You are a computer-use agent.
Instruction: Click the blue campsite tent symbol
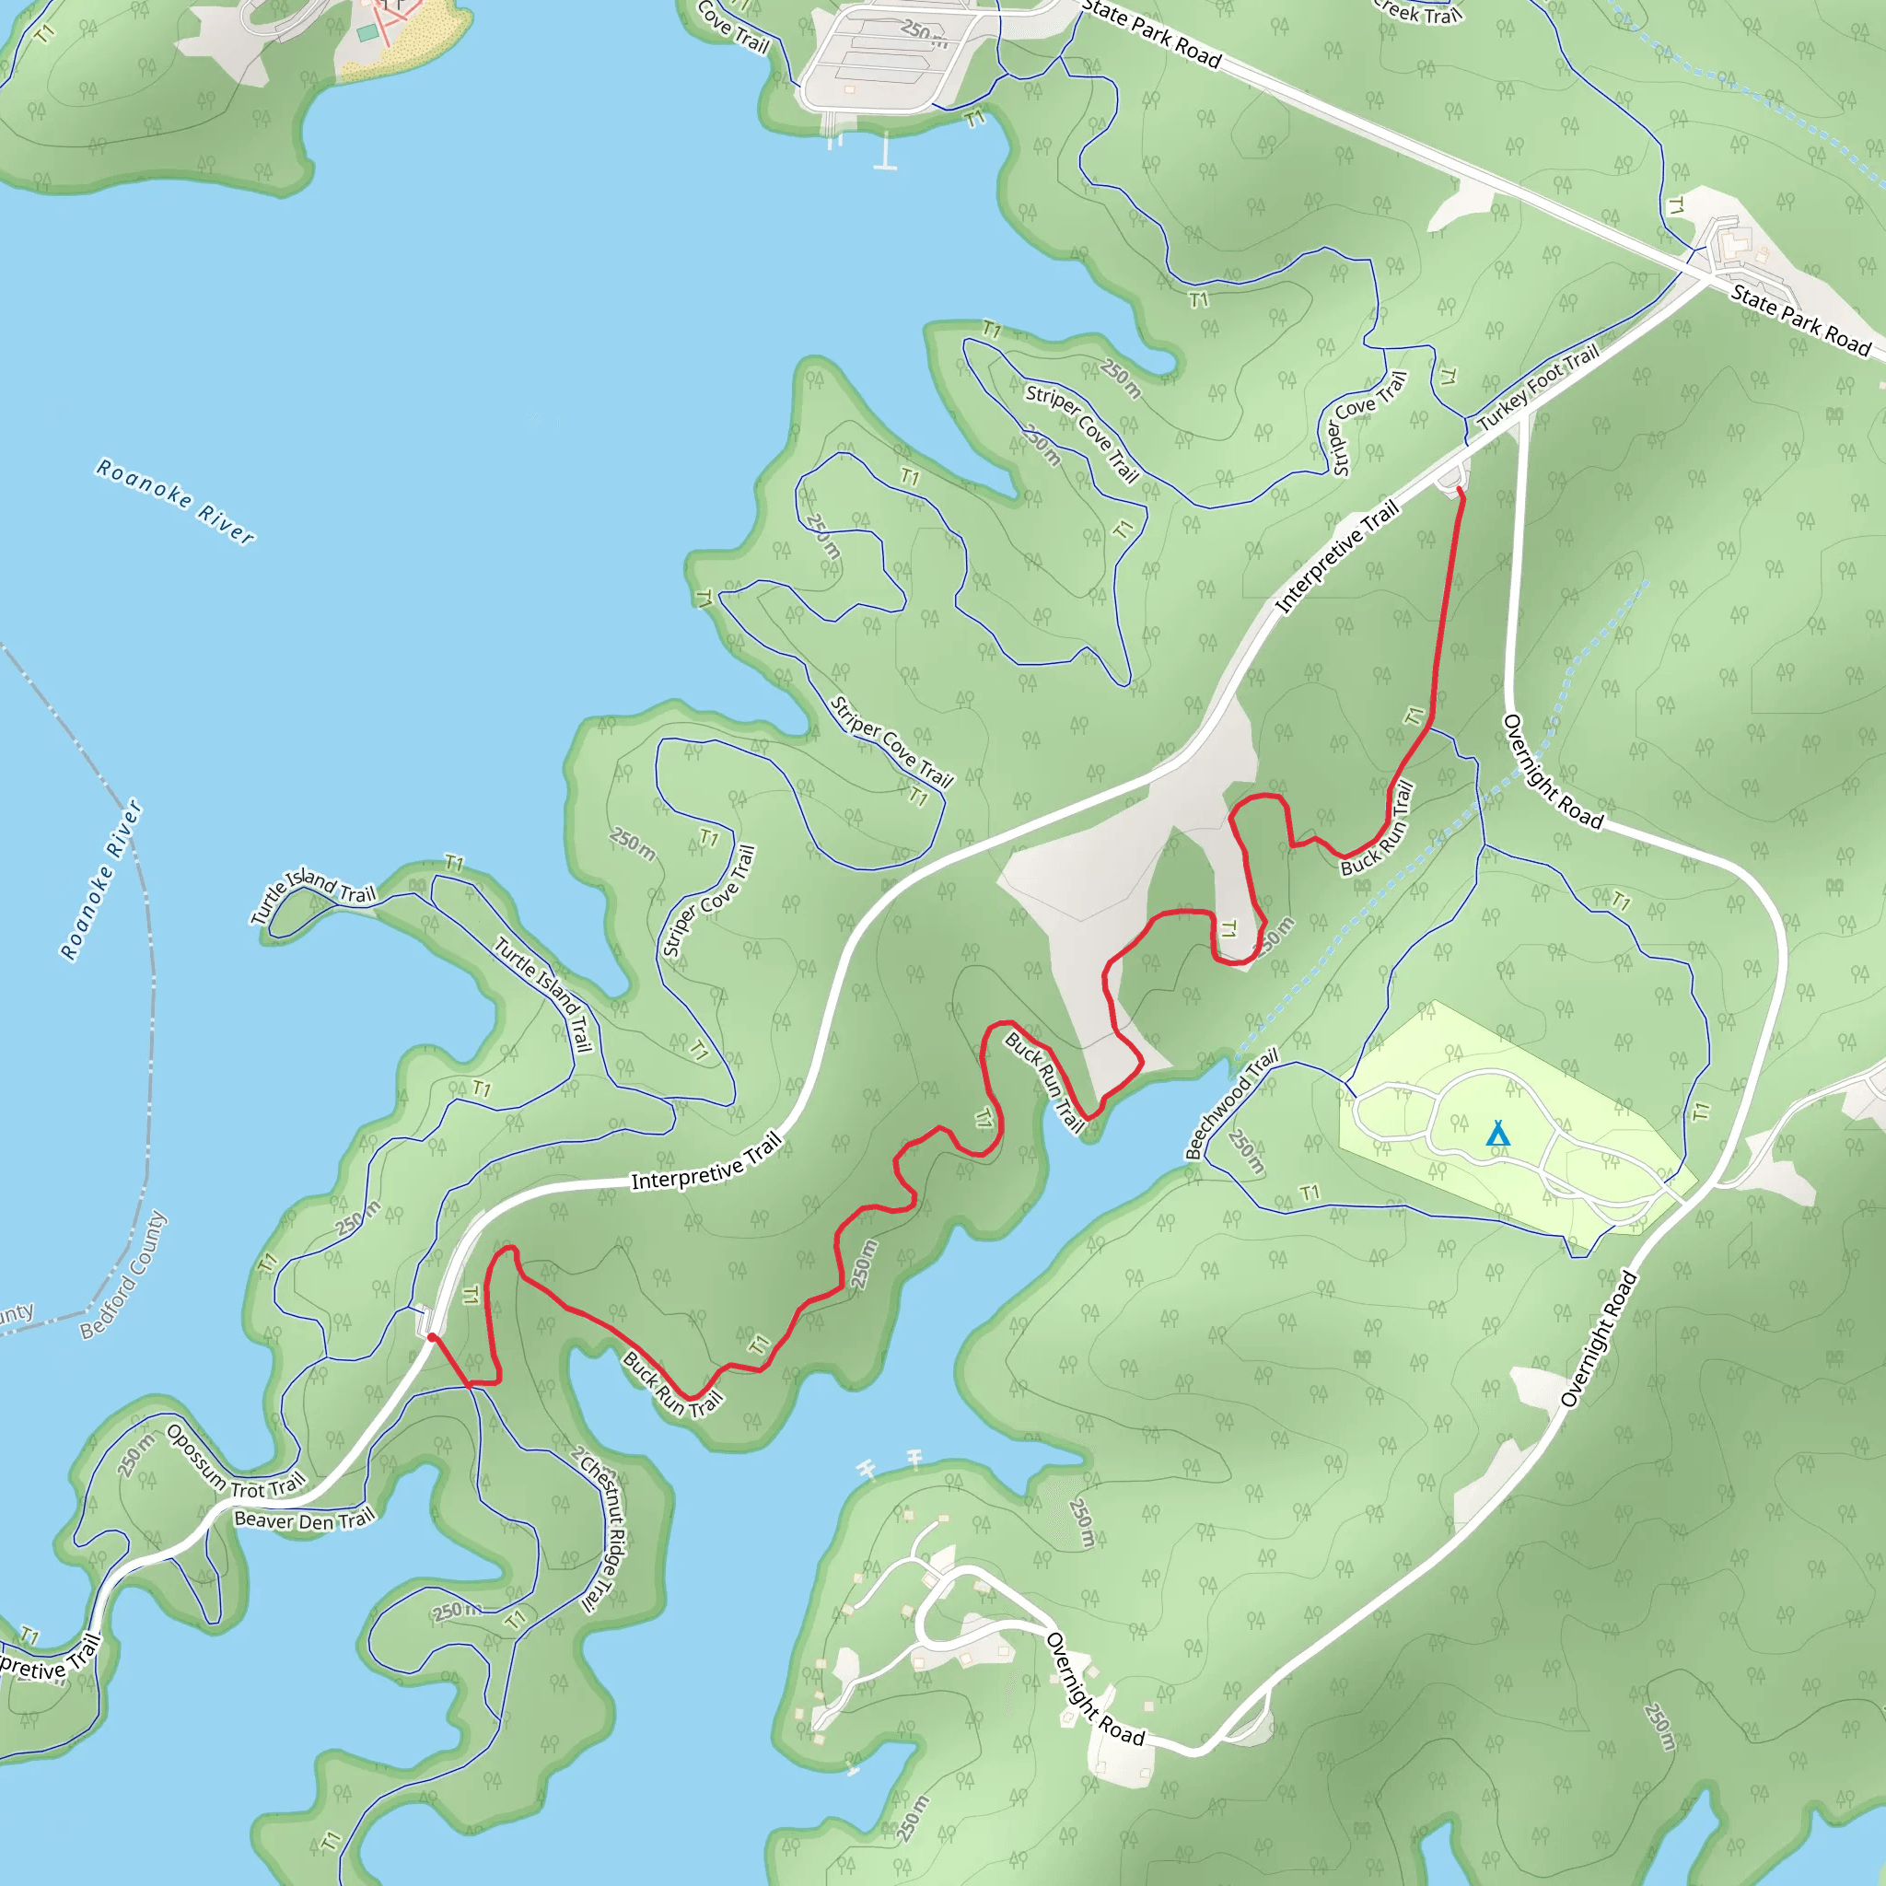click(x=1497, y=1134)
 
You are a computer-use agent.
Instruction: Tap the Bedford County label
click(x=124, y=1275)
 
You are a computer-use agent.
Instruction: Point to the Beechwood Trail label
click(x=1231, y=1103)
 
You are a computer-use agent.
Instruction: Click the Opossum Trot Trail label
click(x=235, y=1465)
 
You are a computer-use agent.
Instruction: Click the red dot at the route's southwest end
click(x=432, y=1337)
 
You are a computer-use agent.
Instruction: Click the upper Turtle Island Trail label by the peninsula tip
click(x=312, y=892)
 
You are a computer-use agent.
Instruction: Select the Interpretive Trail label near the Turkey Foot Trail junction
click(x=1336, y=556)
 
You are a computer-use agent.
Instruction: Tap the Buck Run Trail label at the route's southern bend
click(x=672, y=1384)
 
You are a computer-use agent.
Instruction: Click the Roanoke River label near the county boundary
click(x=101, y=880)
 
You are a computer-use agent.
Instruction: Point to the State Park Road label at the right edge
click(x=1801, y=320)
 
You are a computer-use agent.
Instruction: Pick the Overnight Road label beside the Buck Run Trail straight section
click(x=1552, y=772)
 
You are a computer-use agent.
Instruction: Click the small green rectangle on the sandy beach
click(x=367, y=33)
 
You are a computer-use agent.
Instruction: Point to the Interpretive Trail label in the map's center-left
click(x=706, y=1161)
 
